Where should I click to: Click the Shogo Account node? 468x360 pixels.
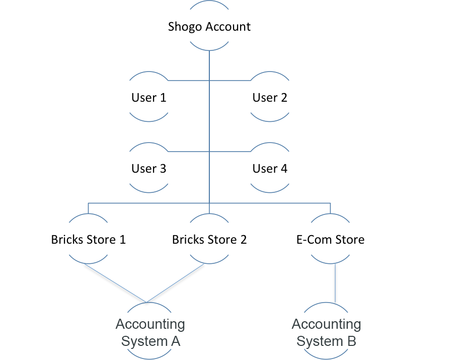click(x=209, y=26)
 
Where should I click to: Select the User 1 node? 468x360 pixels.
click(x=149, y=98)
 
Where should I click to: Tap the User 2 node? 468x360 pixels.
click(x=270, y=98)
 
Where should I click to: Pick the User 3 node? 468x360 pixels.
click(x=149, y=169)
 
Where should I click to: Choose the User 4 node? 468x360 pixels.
click(x=270, y=169)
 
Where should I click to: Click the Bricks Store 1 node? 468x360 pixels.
click(x=89, y=239)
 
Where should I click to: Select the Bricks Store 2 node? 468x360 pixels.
click(x=209, y=239)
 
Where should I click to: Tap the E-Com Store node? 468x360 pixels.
click(x=330, y=239)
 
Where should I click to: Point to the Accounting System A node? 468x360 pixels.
click(x=150, y=333)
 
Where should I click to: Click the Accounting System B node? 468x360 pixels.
click(x=327, y=333)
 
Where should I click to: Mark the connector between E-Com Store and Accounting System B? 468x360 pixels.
click(x=336, y=283)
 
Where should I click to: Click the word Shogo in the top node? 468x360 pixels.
click(x=184, y=27)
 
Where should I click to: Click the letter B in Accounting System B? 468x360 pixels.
click(x=351, y=341)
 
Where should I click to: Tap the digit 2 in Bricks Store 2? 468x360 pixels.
click(x=243, y=239)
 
